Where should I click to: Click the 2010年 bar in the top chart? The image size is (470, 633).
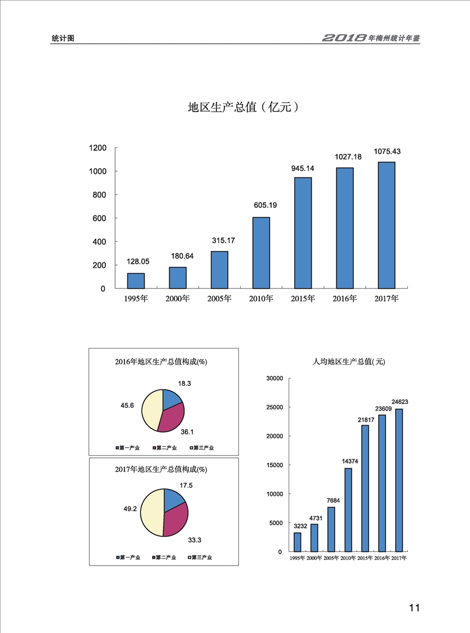click(261, 253)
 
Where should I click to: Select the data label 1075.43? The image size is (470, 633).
click(387, 151)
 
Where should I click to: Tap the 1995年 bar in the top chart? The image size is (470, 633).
click(136, 281)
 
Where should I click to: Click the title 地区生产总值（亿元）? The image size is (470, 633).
click(244, 107)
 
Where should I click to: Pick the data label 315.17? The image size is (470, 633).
click(219, 240)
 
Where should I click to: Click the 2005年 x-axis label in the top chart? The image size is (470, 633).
click(219, 298)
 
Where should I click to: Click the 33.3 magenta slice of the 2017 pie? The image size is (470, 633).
click(175, 521)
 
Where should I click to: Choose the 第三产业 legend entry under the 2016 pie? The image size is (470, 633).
click(203, 448)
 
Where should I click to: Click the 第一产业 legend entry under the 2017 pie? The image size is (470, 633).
click(127, 558)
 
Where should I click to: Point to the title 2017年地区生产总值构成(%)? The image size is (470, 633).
click(161, 469)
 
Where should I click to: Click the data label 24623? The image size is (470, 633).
click(399, 401)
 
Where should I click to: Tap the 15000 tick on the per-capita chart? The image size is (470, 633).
click(273, 465)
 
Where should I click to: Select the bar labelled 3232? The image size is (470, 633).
click(297, 542)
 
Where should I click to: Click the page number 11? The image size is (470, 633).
click(414, 608)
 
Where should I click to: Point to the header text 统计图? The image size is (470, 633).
click(63, 39)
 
